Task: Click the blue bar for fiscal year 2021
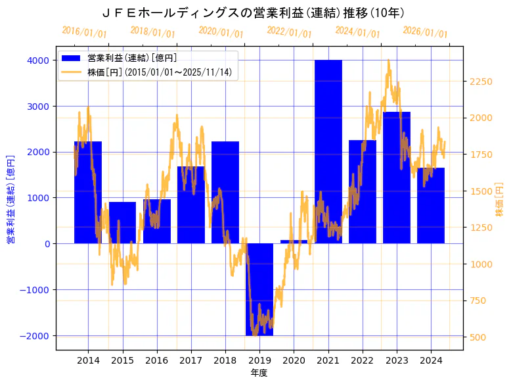(x=328, y=151)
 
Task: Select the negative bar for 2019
(x=259, y=289)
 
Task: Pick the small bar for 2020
(x=294, y=241)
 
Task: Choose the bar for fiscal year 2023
(x=397, y=178)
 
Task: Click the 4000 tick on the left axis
(x=37, y=60)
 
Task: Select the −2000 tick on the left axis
(x=34, y=335)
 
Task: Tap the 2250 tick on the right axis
(x=481, y=82)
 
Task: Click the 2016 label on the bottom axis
(x=156, y=360)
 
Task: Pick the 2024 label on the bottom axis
(x=431, y=360)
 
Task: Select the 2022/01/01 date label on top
(x=290, y=32)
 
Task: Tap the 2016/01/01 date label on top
(x=85, y=32)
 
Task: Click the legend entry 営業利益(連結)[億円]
(x=132, y=59)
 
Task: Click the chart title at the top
(x=254, y=12)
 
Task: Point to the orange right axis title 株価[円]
(x=500, y=200)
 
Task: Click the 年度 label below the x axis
(x=259, y=373)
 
